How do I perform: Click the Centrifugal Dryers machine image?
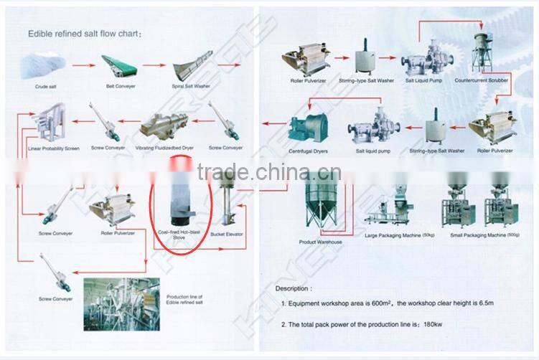308,126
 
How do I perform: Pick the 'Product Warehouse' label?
320,242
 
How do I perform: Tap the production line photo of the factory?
118,301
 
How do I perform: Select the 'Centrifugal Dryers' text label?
309,151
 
